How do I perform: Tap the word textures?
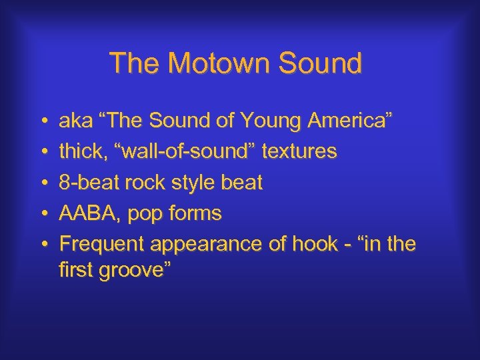[x=299, y=152]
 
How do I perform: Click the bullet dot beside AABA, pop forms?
[x=43, y=213]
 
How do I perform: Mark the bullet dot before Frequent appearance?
[x=43, y=244]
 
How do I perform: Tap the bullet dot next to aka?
[x=43, y=121]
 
